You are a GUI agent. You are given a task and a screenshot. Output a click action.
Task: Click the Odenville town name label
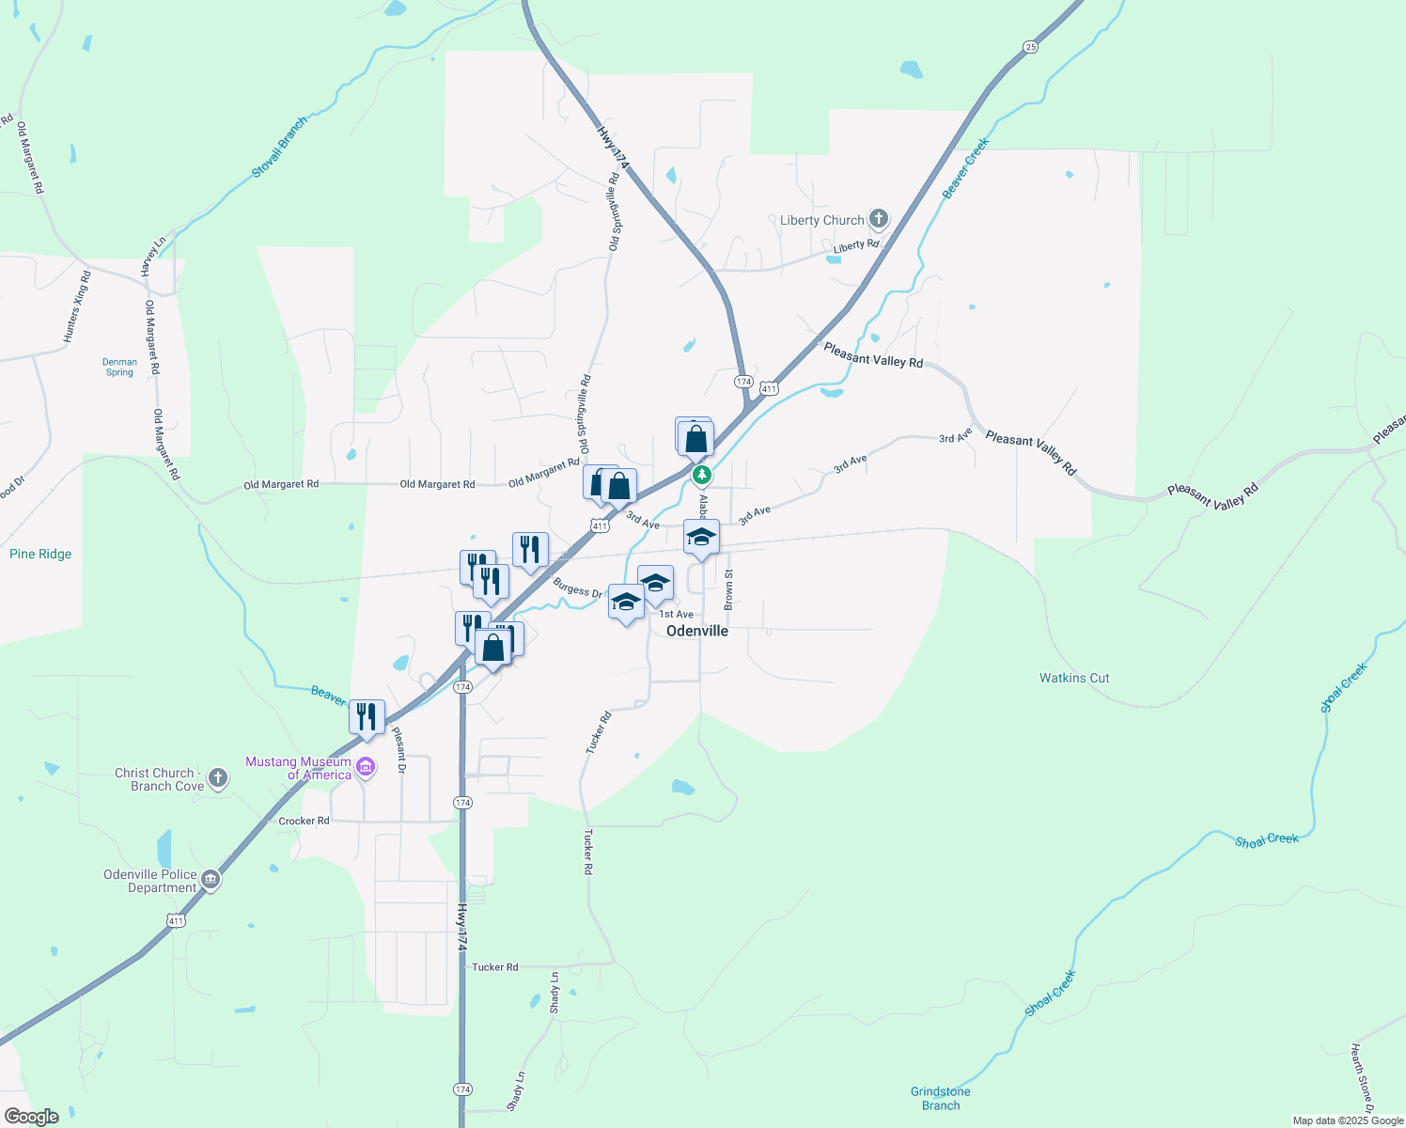point(697,631)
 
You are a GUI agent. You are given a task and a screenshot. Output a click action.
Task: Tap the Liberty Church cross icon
point(879,220)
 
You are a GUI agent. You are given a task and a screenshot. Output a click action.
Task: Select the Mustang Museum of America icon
point(367,768)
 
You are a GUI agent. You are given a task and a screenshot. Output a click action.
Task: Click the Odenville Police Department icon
point(211,881)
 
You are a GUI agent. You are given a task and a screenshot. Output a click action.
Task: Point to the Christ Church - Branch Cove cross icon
point(218,778)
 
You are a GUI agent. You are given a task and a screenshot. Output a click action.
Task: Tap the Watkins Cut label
point(1074,678)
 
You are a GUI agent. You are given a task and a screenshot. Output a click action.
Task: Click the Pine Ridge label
point(40,554)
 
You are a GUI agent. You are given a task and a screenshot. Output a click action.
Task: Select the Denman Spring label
point(119,367)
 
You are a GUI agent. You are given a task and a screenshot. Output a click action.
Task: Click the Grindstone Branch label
point(941,1098)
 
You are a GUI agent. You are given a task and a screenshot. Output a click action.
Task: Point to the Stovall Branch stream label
point(279,148)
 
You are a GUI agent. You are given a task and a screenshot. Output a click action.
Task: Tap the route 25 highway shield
point(1031,47)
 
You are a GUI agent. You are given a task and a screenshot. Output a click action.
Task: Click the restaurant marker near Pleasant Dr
point(367,717)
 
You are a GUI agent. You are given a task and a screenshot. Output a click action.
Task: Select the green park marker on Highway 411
point(701,476)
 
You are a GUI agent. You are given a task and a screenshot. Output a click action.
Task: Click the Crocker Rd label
point(304,821)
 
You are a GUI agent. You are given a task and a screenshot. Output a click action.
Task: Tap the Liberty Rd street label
point(856,245)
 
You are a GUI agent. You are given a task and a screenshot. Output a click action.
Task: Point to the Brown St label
point(728,589)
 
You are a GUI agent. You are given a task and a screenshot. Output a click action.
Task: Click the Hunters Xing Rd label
point(77,306)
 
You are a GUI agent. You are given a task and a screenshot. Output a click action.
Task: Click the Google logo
point(31,1117)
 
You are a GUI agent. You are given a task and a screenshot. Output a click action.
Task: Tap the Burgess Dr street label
point(577,587)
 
